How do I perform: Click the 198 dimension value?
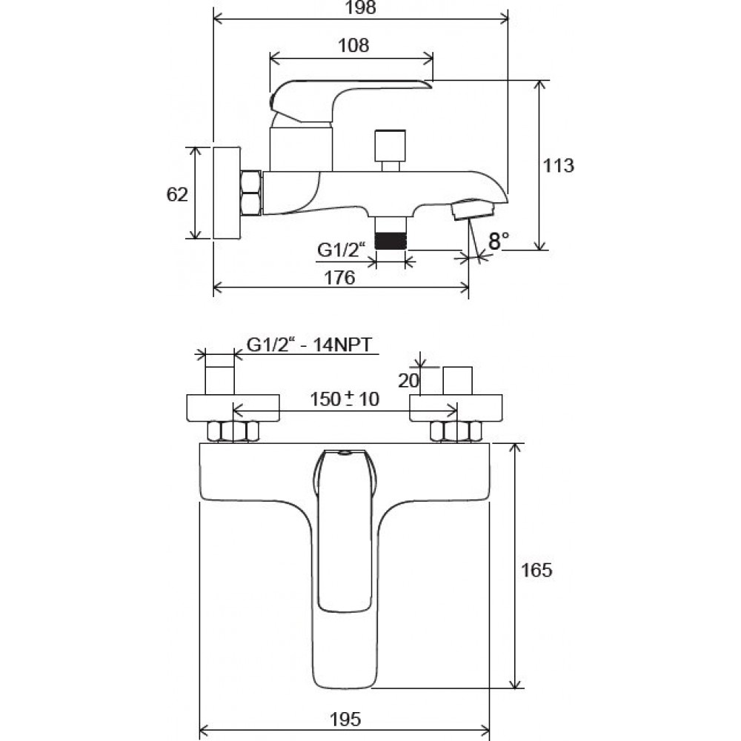point(361,7)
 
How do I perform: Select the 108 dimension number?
point(353,45)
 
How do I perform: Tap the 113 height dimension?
point(558,166)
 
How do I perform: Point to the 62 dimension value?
point(177,194)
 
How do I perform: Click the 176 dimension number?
point(339,278)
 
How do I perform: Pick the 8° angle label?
point(499,241)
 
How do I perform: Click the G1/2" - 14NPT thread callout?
point(310,345)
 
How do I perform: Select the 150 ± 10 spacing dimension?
point(345,399)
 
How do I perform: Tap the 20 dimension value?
point(408,380)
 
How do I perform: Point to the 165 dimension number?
point(536,570)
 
